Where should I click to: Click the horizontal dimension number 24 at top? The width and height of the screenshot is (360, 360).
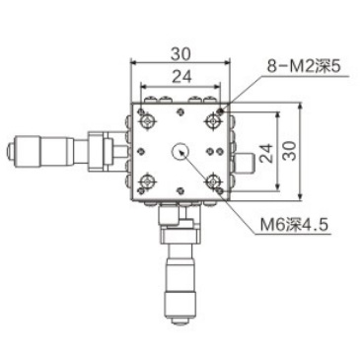[x=180, y=76]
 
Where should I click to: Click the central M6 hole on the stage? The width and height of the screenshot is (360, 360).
[x=180, y=151]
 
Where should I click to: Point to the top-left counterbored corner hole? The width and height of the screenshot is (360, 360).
[x=148, y=119]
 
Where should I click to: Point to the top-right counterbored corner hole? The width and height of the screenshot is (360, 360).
[x=213, y=119]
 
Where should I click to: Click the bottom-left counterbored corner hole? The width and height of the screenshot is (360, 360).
[x=148, y=181]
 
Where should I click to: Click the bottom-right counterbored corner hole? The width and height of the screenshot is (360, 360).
[x=213, y=181]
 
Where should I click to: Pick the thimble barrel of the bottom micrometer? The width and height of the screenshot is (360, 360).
[x=180, y=281]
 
